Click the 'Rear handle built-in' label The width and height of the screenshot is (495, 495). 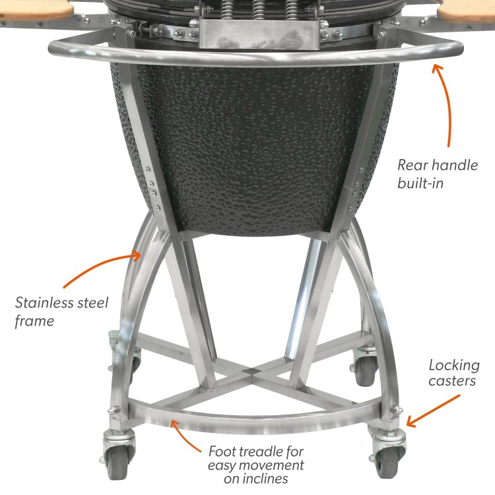[x=436, y=174]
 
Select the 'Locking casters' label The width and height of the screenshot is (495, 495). [x=454, y=373]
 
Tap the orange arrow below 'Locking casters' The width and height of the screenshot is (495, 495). [x=433, y=411]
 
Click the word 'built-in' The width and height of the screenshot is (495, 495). [x=420, y=182]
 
